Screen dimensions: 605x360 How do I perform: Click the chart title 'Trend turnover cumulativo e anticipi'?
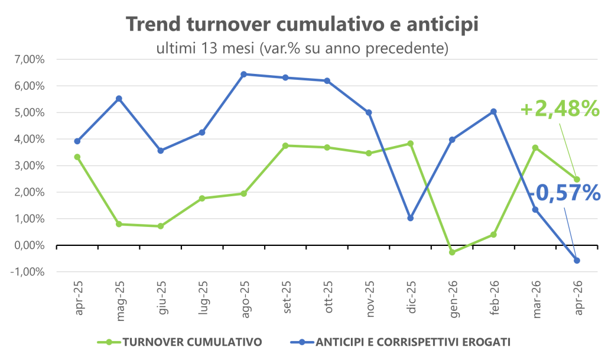(x=302, y=24)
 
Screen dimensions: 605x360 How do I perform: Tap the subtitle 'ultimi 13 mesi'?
(x=205, y=48)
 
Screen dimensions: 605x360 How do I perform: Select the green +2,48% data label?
(x=560, y=108)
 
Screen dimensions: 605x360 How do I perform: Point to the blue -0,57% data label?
(x=564, y=193)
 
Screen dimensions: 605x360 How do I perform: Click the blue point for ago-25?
(x=243, y=74)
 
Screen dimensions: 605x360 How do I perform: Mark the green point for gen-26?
(x=452, y=252)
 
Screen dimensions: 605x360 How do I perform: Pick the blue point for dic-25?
(x=411, y=218)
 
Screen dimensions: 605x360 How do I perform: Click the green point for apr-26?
(x=577, y=180)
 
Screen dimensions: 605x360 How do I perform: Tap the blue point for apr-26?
(x=577, y=261)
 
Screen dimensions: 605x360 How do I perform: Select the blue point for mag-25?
(x=119, y=98)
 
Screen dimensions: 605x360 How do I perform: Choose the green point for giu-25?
(x=161, y=226)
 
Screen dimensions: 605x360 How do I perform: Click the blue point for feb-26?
(x=493, y=112)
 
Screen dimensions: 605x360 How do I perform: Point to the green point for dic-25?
(x=411, y=144)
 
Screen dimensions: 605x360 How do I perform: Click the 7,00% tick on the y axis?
(x=30, y=60)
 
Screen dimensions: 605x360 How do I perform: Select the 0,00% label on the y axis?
(x=30, y=245)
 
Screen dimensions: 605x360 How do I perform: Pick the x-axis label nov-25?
(x=370, y=299)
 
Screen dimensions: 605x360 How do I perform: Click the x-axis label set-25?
(x=287, y=297)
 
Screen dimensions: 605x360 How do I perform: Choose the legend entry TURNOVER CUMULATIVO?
(x=180, y=342)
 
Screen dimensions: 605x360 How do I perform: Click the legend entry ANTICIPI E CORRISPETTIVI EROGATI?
(x=400, y=342)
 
